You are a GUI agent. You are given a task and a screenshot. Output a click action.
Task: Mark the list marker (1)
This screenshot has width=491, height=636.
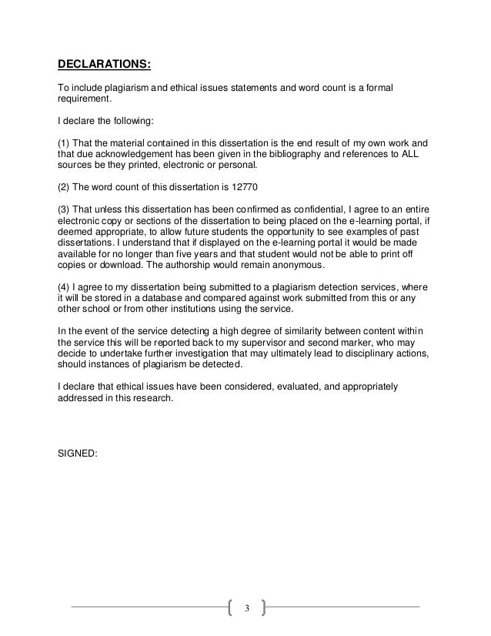(65, 144)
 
